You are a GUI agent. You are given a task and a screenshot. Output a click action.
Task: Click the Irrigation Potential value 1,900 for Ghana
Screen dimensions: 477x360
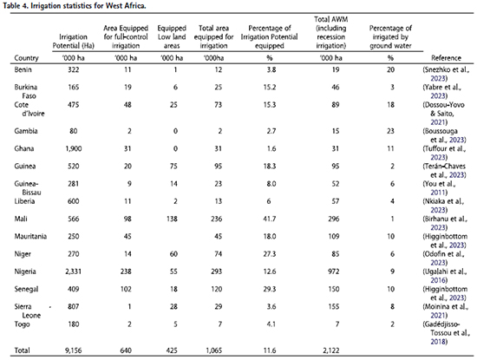click(74, 149)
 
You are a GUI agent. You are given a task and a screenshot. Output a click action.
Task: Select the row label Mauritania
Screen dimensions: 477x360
click(30, 237)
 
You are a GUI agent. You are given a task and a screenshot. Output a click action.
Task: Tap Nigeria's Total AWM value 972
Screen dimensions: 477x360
click(333, 272)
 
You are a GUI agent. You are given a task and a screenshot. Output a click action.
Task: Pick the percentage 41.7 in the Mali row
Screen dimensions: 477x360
click(270, 219)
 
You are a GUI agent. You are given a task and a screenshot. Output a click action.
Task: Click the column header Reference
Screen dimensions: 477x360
click(446, 58)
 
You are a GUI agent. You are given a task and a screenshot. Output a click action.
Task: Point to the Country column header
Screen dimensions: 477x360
click(26, 58)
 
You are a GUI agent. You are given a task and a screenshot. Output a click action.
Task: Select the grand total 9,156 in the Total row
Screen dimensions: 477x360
click(74, 350)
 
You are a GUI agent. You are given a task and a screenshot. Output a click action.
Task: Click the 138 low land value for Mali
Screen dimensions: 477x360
click(172, 219)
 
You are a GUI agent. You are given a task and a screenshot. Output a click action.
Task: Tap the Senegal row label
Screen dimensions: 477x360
click(26, 289)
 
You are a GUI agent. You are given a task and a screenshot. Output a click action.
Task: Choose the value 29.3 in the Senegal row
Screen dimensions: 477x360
click(270, 289)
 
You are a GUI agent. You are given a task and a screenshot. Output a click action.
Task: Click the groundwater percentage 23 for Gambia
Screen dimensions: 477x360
click(390, 131)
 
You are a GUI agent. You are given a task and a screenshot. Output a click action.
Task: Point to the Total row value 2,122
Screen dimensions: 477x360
click(331, 350)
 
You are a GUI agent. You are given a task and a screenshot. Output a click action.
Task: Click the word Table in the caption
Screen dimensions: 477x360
click(10, 6)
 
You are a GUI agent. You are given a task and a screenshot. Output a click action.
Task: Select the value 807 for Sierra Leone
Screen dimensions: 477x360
click(74, 307)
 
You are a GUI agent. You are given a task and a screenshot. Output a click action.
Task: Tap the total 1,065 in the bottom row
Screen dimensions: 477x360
click(214, 350)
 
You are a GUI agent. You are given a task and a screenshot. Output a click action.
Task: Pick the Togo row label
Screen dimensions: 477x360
click(22, 324)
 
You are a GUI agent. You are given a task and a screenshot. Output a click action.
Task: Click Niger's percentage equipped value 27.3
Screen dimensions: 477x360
click(270, 254)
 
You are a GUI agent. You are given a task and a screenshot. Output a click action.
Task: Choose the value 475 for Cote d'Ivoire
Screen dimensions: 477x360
click(74, 105)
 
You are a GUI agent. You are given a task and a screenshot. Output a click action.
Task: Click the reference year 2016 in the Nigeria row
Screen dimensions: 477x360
click(438, 280)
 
